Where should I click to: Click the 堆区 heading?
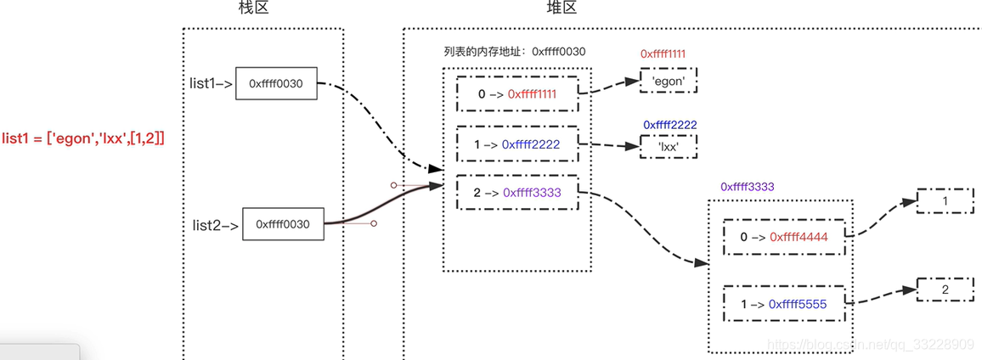point(562,8)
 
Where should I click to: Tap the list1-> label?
point(211,83)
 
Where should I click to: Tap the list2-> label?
point(215,225)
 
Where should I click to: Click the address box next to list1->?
point(275,83)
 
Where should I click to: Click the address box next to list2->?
point(284,225)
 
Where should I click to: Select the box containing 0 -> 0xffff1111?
point(516,94)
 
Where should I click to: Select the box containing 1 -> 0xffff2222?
point(516,144)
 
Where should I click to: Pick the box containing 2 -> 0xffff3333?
point(516,193)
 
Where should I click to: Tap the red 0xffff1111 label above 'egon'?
point(663,53)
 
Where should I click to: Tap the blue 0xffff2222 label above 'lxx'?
point(670,125)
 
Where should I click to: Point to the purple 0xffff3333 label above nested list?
point(748,186)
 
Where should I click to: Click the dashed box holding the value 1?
point(945,201)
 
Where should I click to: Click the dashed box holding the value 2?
point(945,290)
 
